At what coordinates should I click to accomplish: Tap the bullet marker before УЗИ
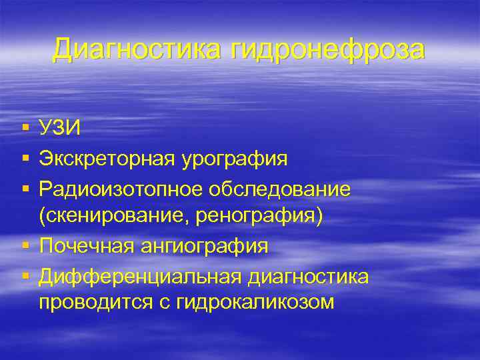point(25,127)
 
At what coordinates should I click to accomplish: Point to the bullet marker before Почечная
point(25,245)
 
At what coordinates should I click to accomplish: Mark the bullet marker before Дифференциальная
point(25,275)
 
